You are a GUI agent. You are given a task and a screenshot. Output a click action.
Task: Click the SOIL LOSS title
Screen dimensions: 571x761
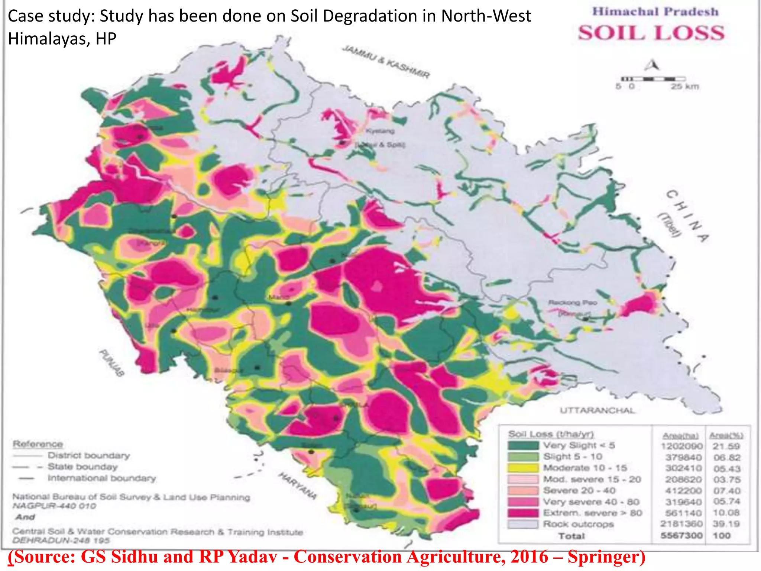(x=651, y=33)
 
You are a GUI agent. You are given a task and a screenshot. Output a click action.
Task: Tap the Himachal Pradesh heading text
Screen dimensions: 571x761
(x=655, y=12)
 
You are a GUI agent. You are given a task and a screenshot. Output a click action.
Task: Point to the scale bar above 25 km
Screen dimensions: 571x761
(x=653, y=79)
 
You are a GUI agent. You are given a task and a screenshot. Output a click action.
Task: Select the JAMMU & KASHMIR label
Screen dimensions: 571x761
(x=386, y=62)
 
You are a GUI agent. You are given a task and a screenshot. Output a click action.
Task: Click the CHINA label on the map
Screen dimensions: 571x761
(x=688, y=216)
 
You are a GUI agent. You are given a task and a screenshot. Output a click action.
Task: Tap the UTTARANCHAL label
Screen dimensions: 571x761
(x=597, y=410)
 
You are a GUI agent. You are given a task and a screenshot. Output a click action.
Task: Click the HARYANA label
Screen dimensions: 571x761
(x=298, y=485)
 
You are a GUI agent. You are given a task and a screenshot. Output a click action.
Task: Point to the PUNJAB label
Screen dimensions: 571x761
(x=111, y=363)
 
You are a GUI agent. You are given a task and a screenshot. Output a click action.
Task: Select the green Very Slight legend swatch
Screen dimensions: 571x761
(x=523, y=445)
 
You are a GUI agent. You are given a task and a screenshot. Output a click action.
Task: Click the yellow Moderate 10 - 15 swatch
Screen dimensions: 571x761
(x=523, y=468)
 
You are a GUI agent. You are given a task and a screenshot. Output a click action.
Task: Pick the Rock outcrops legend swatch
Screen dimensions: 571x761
(x=523, y=524)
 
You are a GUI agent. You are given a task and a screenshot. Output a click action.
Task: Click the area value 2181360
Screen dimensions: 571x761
(x=681, y=524)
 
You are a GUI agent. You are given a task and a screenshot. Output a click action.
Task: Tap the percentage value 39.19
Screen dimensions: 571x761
(x=726, y=524)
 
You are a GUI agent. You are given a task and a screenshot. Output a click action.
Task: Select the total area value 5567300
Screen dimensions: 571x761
(x=681, y=535)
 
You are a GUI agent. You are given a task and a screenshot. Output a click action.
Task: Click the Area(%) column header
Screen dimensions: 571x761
(x=726, y=435)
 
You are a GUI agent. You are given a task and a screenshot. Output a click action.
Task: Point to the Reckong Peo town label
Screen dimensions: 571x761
(x=573, y=303)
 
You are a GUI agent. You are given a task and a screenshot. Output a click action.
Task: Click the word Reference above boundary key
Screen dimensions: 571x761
(x=38, y=444)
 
